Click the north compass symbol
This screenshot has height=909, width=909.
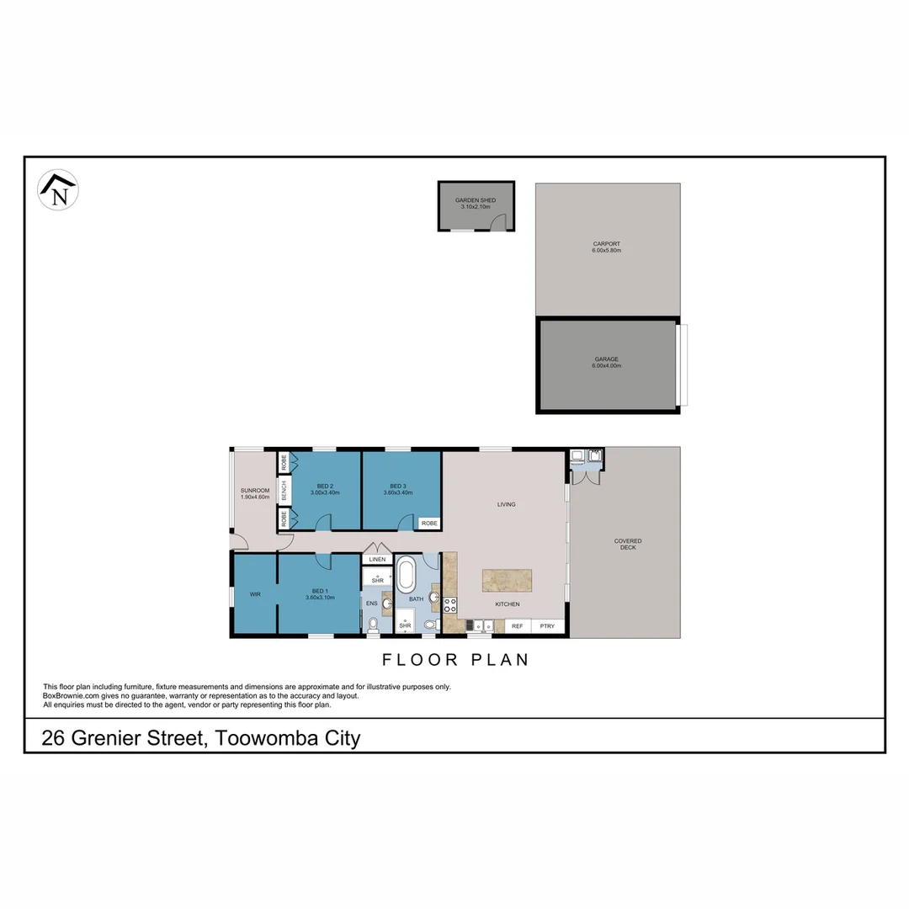(58, 190)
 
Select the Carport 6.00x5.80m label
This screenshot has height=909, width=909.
(607, 247)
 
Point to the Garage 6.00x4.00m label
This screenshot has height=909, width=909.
(606, 362)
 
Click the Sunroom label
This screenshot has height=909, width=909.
(254, 493)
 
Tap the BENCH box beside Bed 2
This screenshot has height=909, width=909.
(284, 491)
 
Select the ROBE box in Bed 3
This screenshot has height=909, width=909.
(429, 523)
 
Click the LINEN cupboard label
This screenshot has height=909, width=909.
(377, 559)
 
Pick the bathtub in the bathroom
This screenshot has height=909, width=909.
(407, 575)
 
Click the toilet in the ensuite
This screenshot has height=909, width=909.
(373, 625)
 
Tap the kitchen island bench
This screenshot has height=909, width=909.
(507, 581)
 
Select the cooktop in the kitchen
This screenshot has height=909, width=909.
(449, 603)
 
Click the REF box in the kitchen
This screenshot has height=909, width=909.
(517, 626)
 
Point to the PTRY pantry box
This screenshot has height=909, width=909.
(548, 626)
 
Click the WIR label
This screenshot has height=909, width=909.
(254, 594)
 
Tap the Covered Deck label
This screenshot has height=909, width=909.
(628, 544)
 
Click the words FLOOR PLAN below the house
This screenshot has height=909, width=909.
(455, 660)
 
